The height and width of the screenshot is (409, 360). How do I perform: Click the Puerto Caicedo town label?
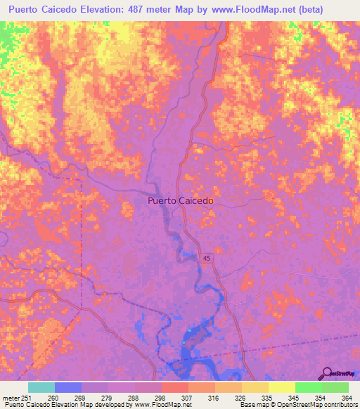pyautogui.click(x=181, y=200)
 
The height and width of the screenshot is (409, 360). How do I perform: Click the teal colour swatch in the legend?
pyautogui.click(x=41, y=387)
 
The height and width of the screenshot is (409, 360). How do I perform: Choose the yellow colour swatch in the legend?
pyautogui.click(x=281, y=387)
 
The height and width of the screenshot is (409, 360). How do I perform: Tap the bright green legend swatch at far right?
pyautogui.click(x=335, y=387)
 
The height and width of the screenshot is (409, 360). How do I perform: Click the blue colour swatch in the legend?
pyautogui.click(x=68, y=387)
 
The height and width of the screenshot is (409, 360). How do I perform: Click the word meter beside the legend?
pyautogui.click(x=10, y=397)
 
